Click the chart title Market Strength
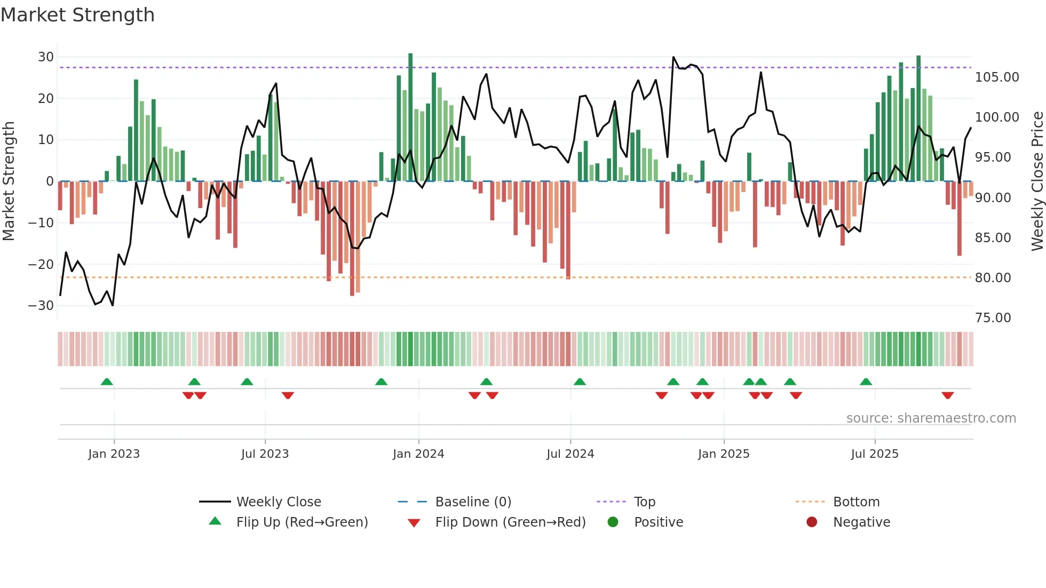77,15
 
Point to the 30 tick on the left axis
46,57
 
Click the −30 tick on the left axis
41,306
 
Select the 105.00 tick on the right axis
996,77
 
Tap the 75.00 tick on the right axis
993,318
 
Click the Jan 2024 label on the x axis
418,454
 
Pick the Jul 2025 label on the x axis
875,454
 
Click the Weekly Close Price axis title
1037,181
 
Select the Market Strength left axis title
9,181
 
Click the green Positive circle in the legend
613,522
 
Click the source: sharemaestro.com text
931,418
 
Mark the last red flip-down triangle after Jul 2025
948,395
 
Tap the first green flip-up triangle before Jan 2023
107,382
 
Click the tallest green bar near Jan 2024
410,117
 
